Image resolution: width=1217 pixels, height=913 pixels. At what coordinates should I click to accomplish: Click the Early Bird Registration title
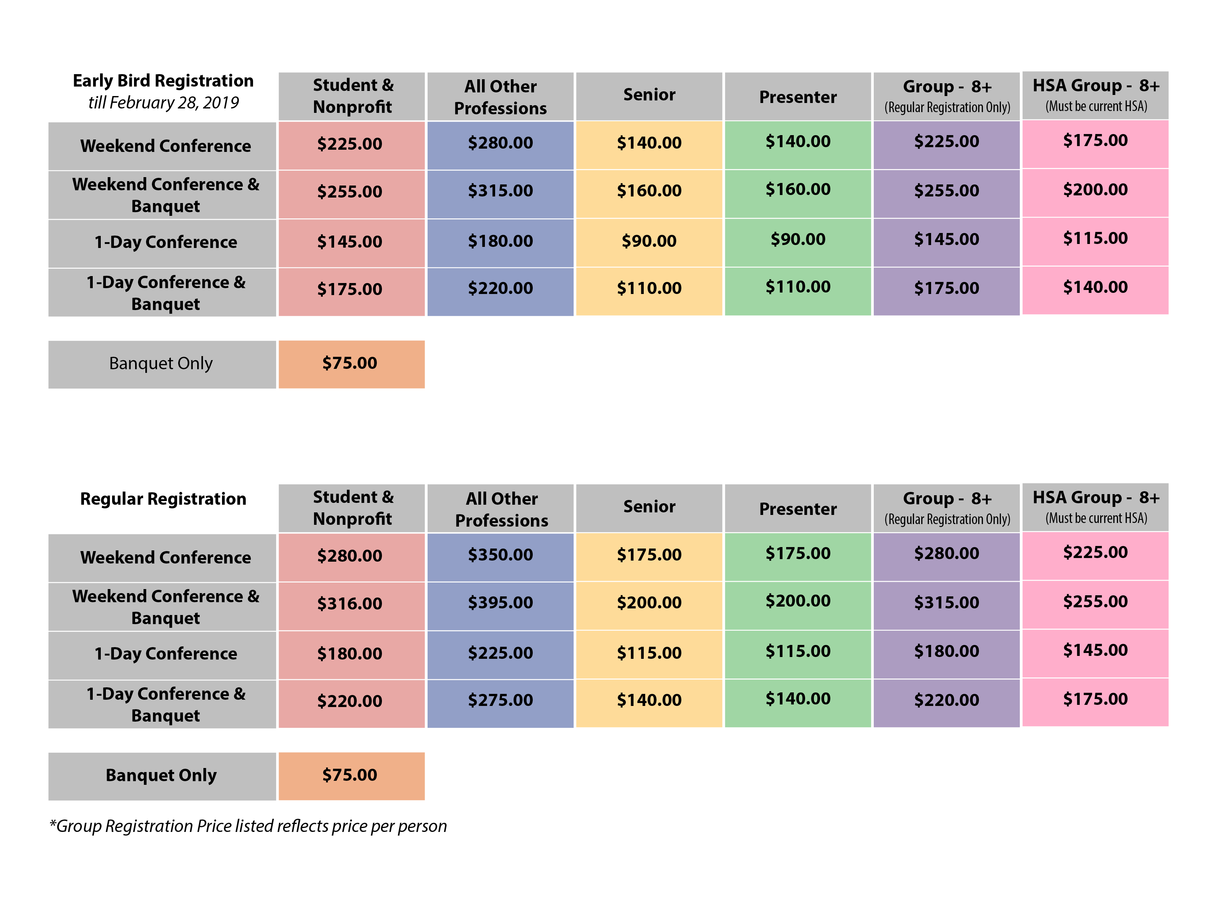(163, 81)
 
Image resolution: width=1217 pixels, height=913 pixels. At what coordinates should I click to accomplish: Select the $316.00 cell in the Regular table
(350, 604)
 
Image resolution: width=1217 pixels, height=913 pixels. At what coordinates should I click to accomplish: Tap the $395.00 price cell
(500, 603)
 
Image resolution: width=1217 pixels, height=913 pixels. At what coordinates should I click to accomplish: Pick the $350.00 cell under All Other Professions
(500, 555)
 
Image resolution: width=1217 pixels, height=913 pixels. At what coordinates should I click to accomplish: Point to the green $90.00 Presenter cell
(798, 240)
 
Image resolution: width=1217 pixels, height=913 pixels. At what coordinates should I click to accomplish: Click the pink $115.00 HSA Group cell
(1095, 238)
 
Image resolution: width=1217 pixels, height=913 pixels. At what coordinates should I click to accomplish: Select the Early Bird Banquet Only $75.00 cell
(350, 363)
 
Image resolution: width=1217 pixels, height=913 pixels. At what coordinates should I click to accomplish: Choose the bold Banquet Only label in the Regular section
(161, 775)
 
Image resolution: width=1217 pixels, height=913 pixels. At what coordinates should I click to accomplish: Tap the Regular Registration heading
(163, 498)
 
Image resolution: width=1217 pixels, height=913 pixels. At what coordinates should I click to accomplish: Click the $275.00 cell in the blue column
(500, 700)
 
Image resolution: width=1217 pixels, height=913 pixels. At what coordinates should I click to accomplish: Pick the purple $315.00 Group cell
(946, 603)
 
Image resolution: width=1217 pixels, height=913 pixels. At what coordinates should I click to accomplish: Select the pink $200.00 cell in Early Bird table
(1095, 189)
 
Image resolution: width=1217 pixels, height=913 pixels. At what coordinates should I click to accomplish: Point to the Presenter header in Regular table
(798, 509)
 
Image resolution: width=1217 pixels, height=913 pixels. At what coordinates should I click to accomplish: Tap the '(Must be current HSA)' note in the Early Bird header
(1096, 106)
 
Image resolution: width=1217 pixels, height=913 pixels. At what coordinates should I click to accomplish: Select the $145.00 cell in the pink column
(1095, 650)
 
